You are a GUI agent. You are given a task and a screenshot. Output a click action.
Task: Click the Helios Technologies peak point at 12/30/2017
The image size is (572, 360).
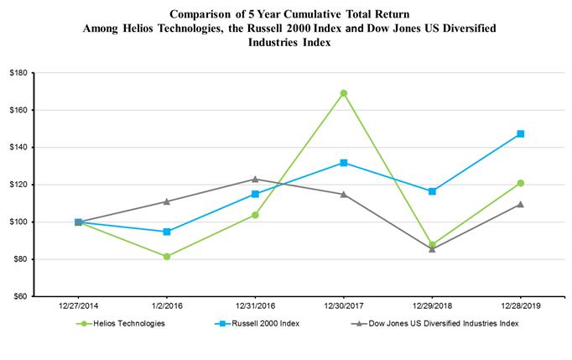pos(344,93)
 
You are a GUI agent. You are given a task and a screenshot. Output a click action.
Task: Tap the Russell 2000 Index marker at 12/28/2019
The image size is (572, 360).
pos(520,134)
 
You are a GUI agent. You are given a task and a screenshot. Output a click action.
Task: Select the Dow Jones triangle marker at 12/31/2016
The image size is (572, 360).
pos(255,179)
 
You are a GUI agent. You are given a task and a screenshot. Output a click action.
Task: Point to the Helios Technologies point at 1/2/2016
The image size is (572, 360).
pos(167,256)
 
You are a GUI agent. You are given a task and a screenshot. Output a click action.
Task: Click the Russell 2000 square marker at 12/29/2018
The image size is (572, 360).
pos(432,191)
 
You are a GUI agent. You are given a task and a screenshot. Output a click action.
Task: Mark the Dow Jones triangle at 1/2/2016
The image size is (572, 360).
pos(167,201)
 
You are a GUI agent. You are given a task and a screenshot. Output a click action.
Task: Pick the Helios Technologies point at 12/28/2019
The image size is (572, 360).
pos(520,183)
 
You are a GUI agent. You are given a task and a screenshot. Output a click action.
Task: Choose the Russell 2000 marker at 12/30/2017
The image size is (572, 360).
pos(344,163)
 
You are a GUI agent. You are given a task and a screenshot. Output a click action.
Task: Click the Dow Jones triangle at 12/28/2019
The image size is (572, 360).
pos(520,204)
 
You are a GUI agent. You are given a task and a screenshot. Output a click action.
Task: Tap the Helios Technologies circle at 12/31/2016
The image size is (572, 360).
pos(255,215)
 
